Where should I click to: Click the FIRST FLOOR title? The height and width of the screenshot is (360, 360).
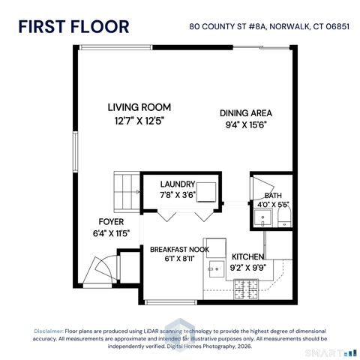click(x=73, y=27)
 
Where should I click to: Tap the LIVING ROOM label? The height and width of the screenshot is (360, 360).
click(x=139, y=107)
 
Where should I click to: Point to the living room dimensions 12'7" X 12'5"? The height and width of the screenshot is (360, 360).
click(x=139, y=119)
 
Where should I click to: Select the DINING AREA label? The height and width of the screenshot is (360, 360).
click(x=245, y=112)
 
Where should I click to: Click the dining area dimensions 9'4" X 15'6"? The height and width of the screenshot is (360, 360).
click(x=245, y=124)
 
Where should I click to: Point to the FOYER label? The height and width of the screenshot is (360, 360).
click(x=111, y=221)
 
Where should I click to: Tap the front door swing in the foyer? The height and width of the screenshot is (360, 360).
click(x=101, y=268)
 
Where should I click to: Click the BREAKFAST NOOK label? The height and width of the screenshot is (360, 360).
click(x=178, y=249)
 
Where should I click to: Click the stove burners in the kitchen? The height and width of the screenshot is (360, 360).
click(x=244, y=287)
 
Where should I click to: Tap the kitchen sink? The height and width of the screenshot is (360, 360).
click(x=215, y=267)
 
